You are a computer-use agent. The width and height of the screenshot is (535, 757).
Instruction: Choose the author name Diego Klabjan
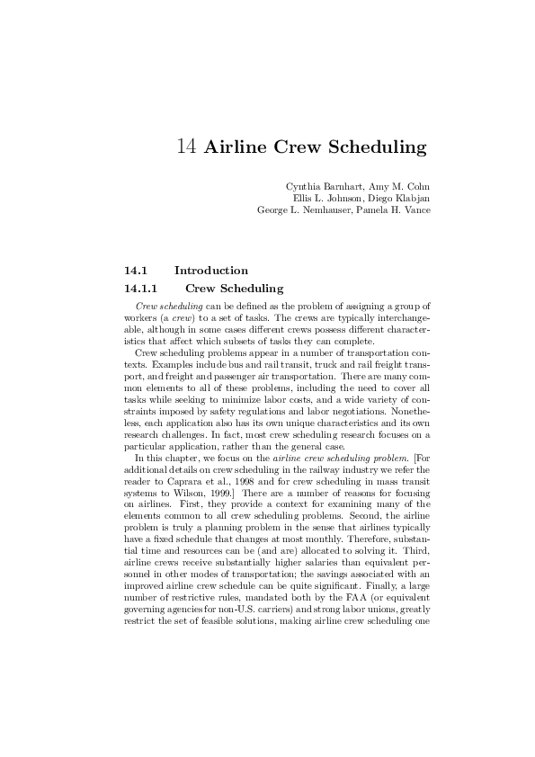402,199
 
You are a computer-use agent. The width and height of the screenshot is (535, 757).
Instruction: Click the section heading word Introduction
211,270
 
